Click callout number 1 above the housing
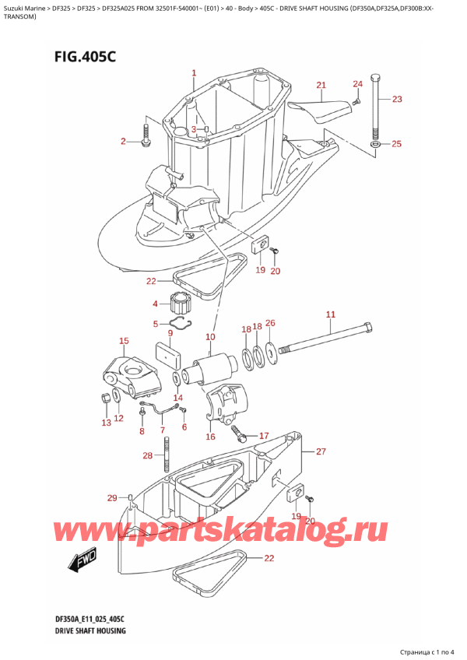click(194, 74)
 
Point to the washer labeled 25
click(377, 144)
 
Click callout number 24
click(357, 83)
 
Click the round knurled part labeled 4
click(181, 302)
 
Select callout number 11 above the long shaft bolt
click(330, 314)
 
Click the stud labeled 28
click(167, 453)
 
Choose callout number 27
click(320, 451)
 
